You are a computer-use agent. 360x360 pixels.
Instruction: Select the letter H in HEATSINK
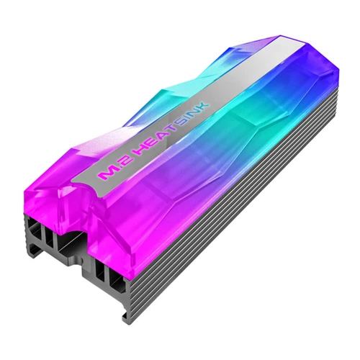point(143,153)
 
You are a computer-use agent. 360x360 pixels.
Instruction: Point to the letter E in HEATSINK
point(154,145)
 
